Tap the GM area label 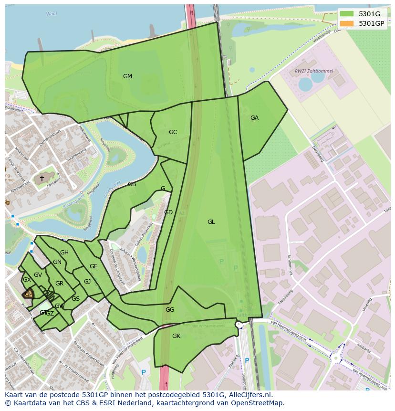pos(127,76)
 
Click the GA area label pos(254,118)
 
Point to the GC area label pos(173,132)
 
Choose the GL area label pos(211,222)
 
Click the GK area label pos(176,336)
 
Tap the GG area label pos(170,310)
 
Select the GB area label pos(132,184)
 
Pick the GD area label pos(168,212)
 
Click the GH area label pos(64,253)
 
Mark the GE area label pos(94,266)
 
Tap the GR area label pos(59,284)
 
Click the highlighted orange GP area pos(29,294)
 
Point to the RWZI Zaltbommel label pos(314,71)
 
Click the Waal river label pos(51,14)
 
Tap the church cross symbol pos(42,179)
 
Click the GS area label pos(75,299)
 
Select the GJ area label pos(87,282)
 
